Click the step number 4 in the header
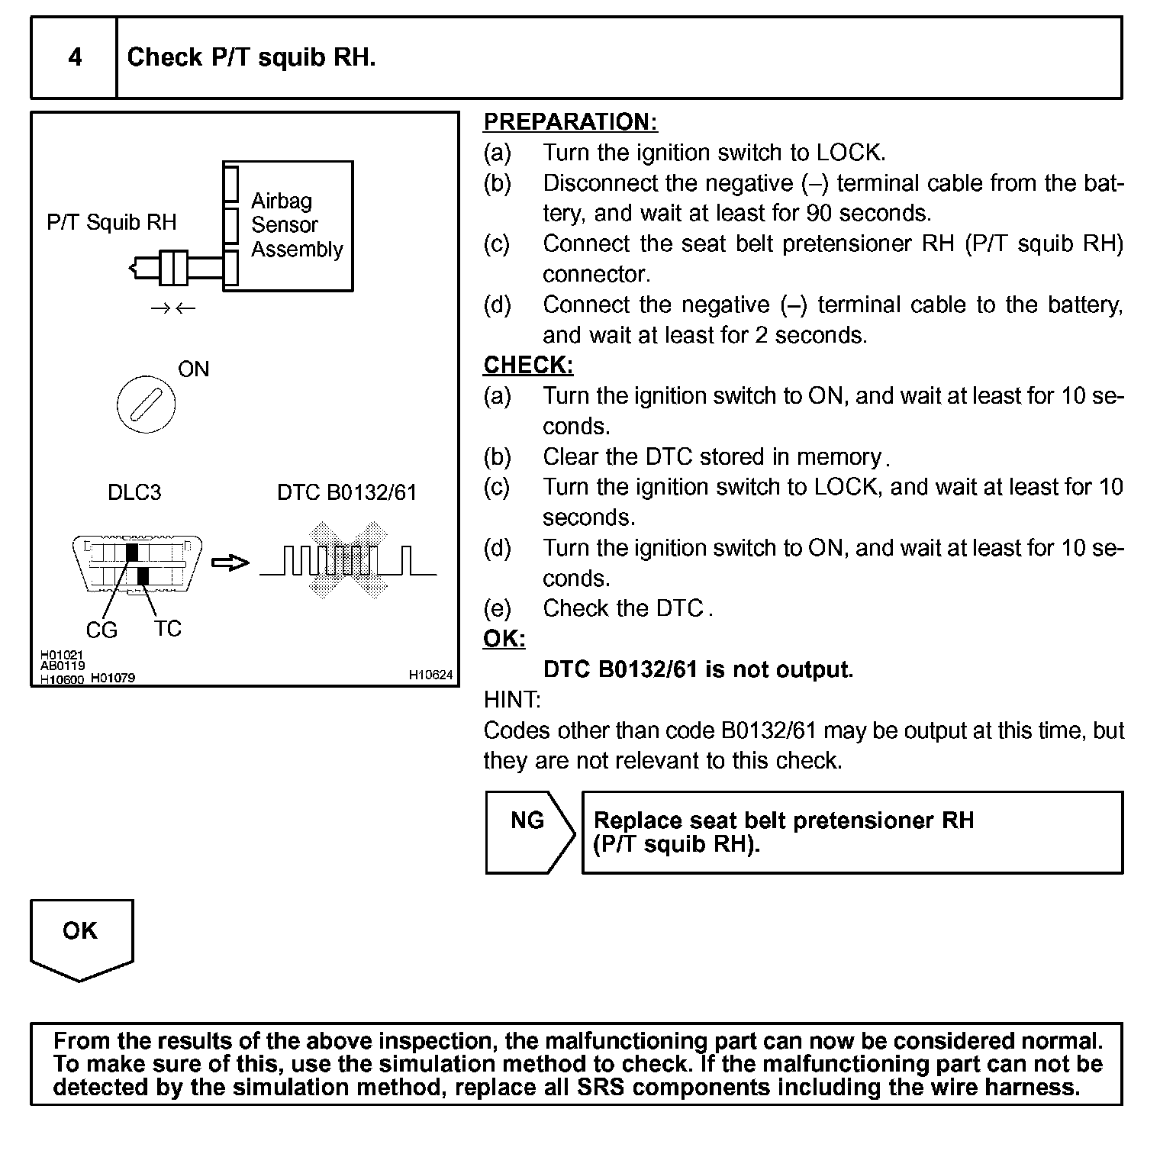75,57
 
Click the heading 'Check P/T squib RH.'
251,57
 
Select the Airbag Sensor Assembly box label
296,225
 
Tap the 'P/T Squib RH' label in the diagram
111,222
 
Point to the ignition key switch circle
146,404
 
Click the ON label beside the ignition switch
193,369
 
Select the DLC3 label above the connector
134,492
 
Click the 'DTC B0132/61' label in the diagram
346,492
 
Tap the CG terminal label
101,630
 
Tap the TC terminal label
167,629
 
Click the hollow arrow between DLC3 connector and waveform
230,563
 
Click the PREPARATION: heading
570,122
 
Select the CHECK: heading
528,366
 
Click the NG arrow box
527,832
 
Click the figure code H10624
430,675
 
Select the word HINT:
512,700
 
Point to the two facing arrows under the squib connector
173,308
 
